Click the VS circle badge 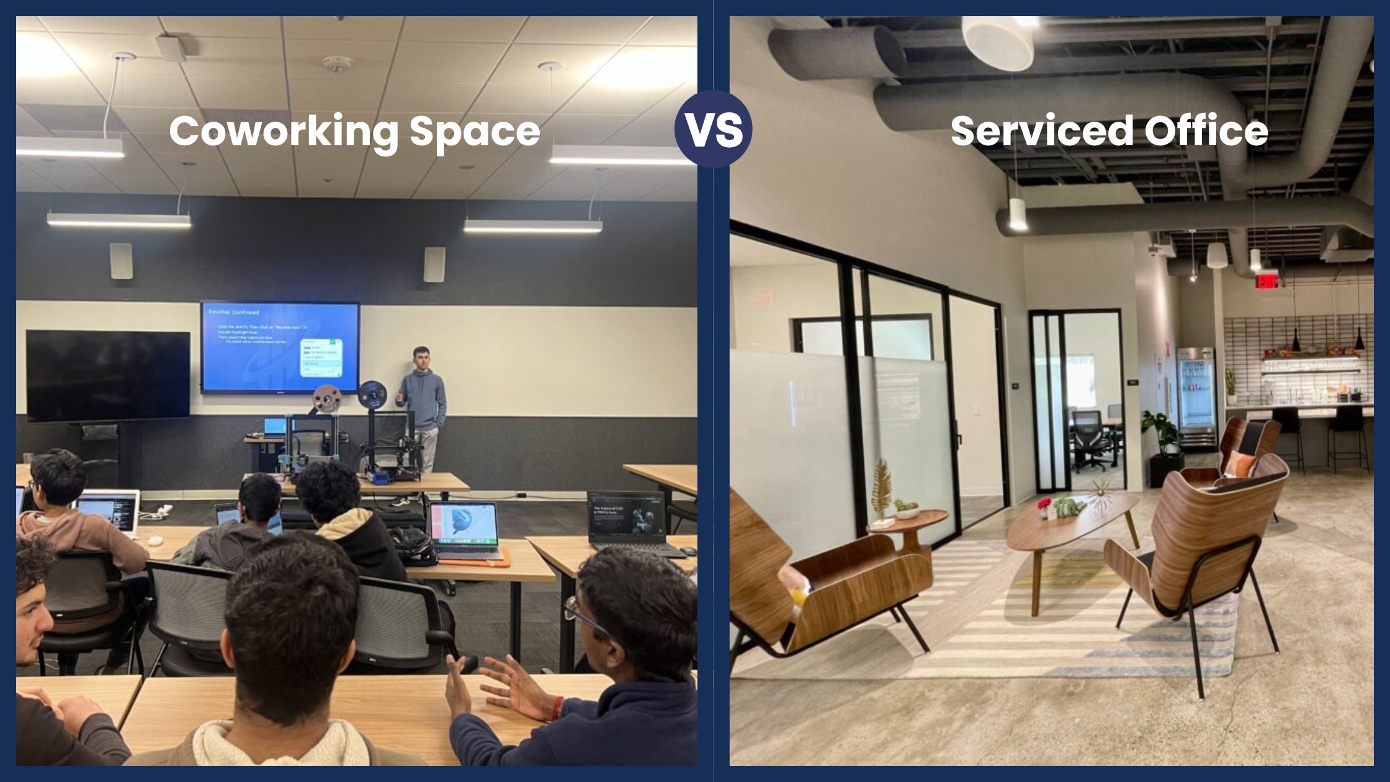(x=713, y=129)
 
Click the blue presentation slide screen (x=280, y=348)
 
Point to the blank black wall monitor (x=108, y=375)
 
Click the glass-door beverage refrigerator (x=1196, y=397)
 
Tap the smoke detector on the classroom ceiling (x=337, y=64)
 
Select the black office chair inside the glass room (x=1089, y=438)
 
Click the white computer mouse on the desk (x=155, y=540)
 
